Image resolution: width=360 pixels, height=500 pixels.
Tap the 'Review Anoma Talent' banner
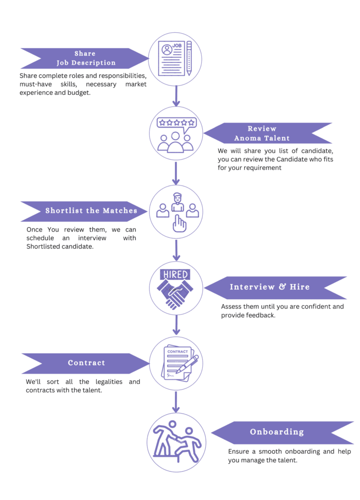(x=268, y=133)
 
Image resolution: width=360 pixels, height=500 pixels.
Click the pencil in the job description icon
(x=189, y=58)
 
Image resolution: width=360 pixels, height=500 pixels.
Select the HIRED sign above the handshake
(x=175, y=274)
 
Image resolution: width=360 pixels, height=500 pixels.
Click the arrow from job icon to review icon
(x=176, y=95)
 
